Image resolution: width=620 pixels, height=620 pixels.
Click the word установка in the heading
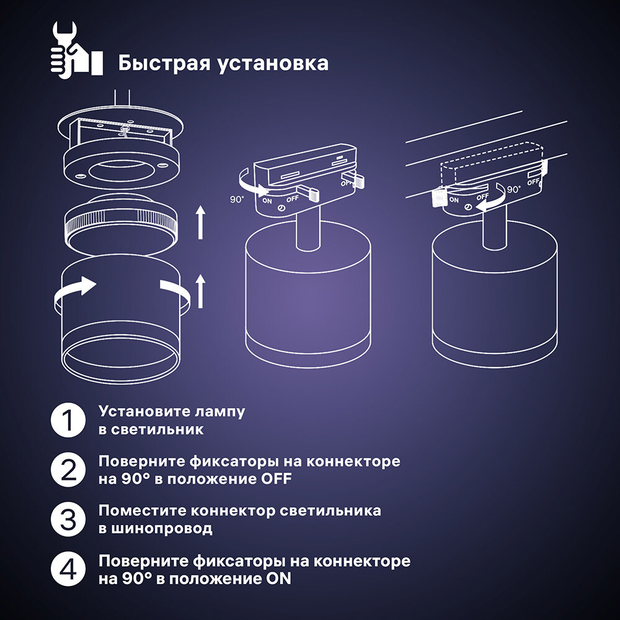tap(272, 63)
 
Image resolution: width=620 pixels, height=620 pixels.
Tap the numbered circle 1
tap(68, 420)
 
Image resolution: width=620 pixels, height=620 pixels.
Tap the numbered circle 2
tap(68, 471)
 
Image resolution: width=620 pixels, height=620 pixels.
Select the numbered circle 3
tap(68, 520)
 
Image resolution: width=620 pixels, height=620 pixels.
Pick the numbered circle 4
tap(68, 570)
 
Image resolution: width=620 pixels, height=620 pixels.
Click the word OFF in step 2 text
tap(273, 479)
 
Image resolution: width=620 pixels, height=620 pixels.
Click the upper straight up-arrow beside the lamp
tap(200, 223)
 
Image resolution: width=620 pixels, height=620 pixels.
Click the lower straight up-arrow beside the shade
tap(200, 291)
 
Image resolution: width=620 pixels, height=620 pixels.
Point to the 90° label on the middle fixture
tap(237, 200)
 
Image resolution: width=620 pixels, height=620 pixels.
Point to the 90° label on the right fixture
tap(513, 190)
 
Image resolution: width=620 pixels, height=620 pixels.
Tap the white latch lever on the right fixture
tap(439, 197)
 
